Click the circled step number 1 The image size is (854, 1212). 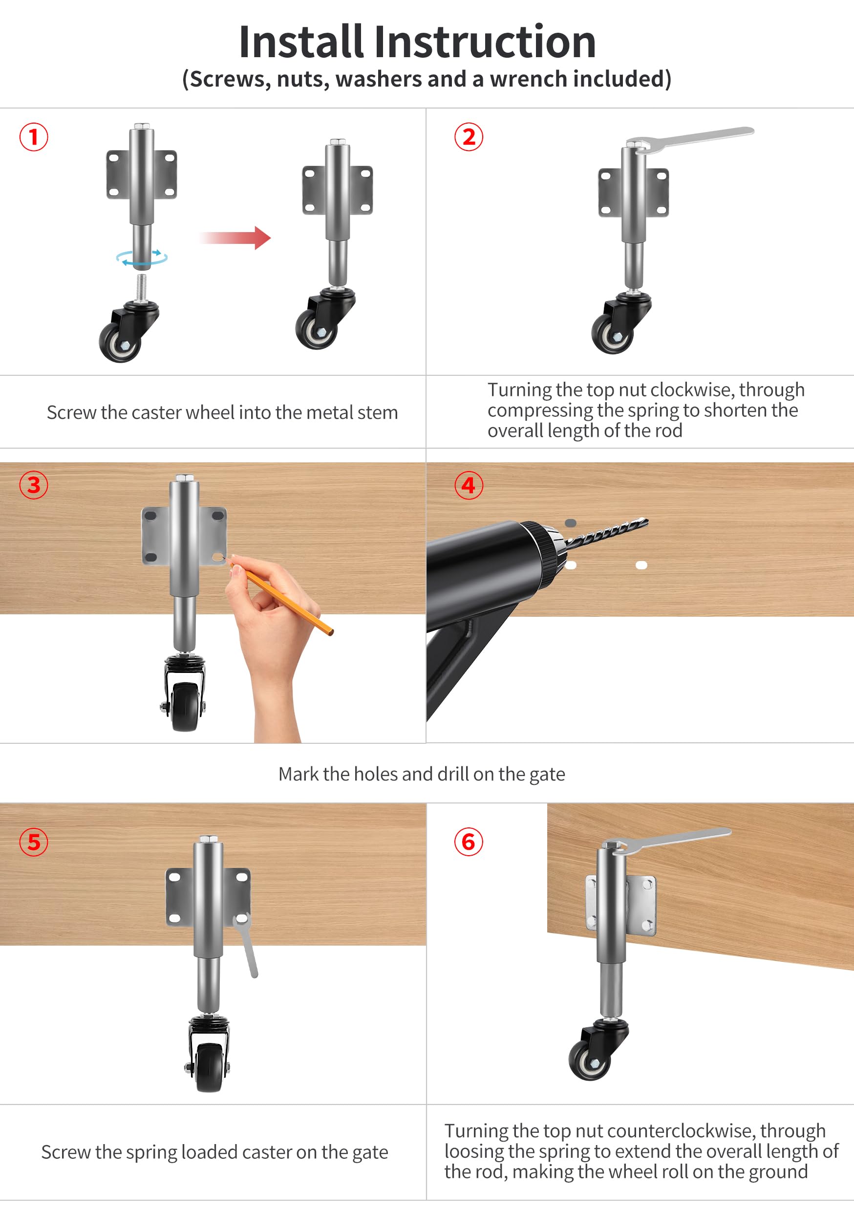tap(34, 137)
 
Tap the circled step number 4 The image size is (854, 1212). tap(468, 485)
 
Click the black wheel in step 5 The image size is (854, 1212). tap(209, 1066)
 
